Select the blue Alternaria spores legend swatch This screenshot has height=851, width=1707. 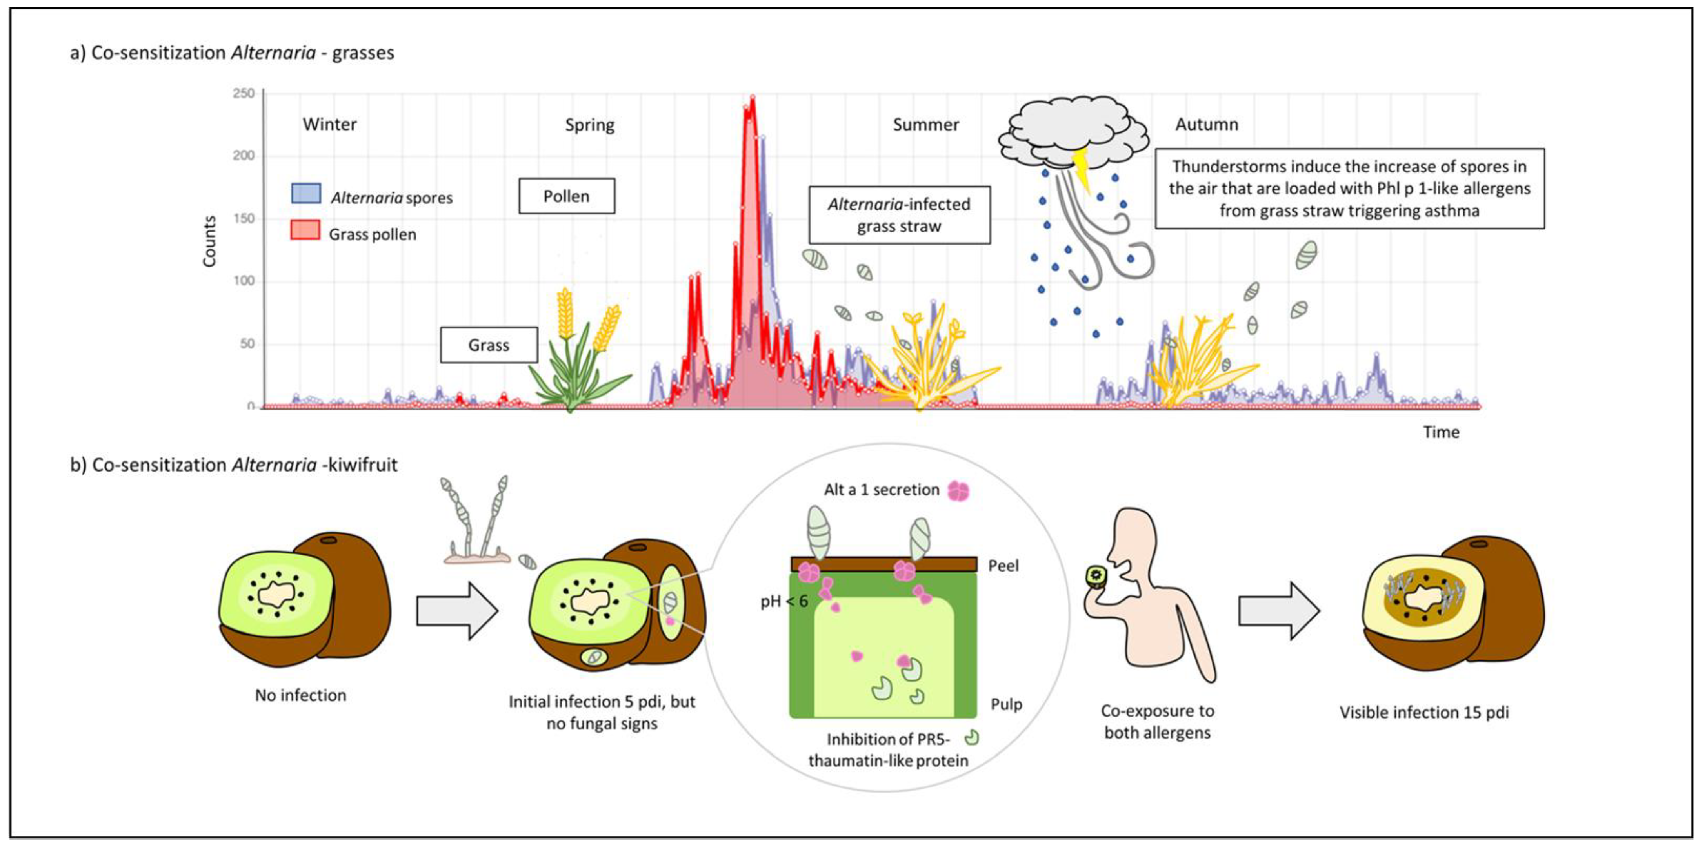point(306,193)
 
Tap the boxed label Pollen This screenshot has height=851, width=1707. point(567,196)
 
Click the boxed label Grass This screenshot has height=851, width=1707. point(489,345)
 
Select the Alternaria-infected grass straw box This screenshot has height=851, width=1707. point(899,215)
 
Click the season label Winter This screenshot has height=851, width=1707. point(329,125)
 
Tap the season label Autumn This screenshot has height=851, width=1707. point(1206,125)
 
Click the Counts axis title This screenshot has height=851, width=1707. point(209,242)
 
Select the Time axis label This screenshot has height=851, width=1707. point(1441,432)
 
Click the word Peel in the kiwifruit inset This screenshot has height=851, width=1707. point(1003,566)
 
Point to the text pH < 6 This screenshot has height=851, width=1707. point(784,601)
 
